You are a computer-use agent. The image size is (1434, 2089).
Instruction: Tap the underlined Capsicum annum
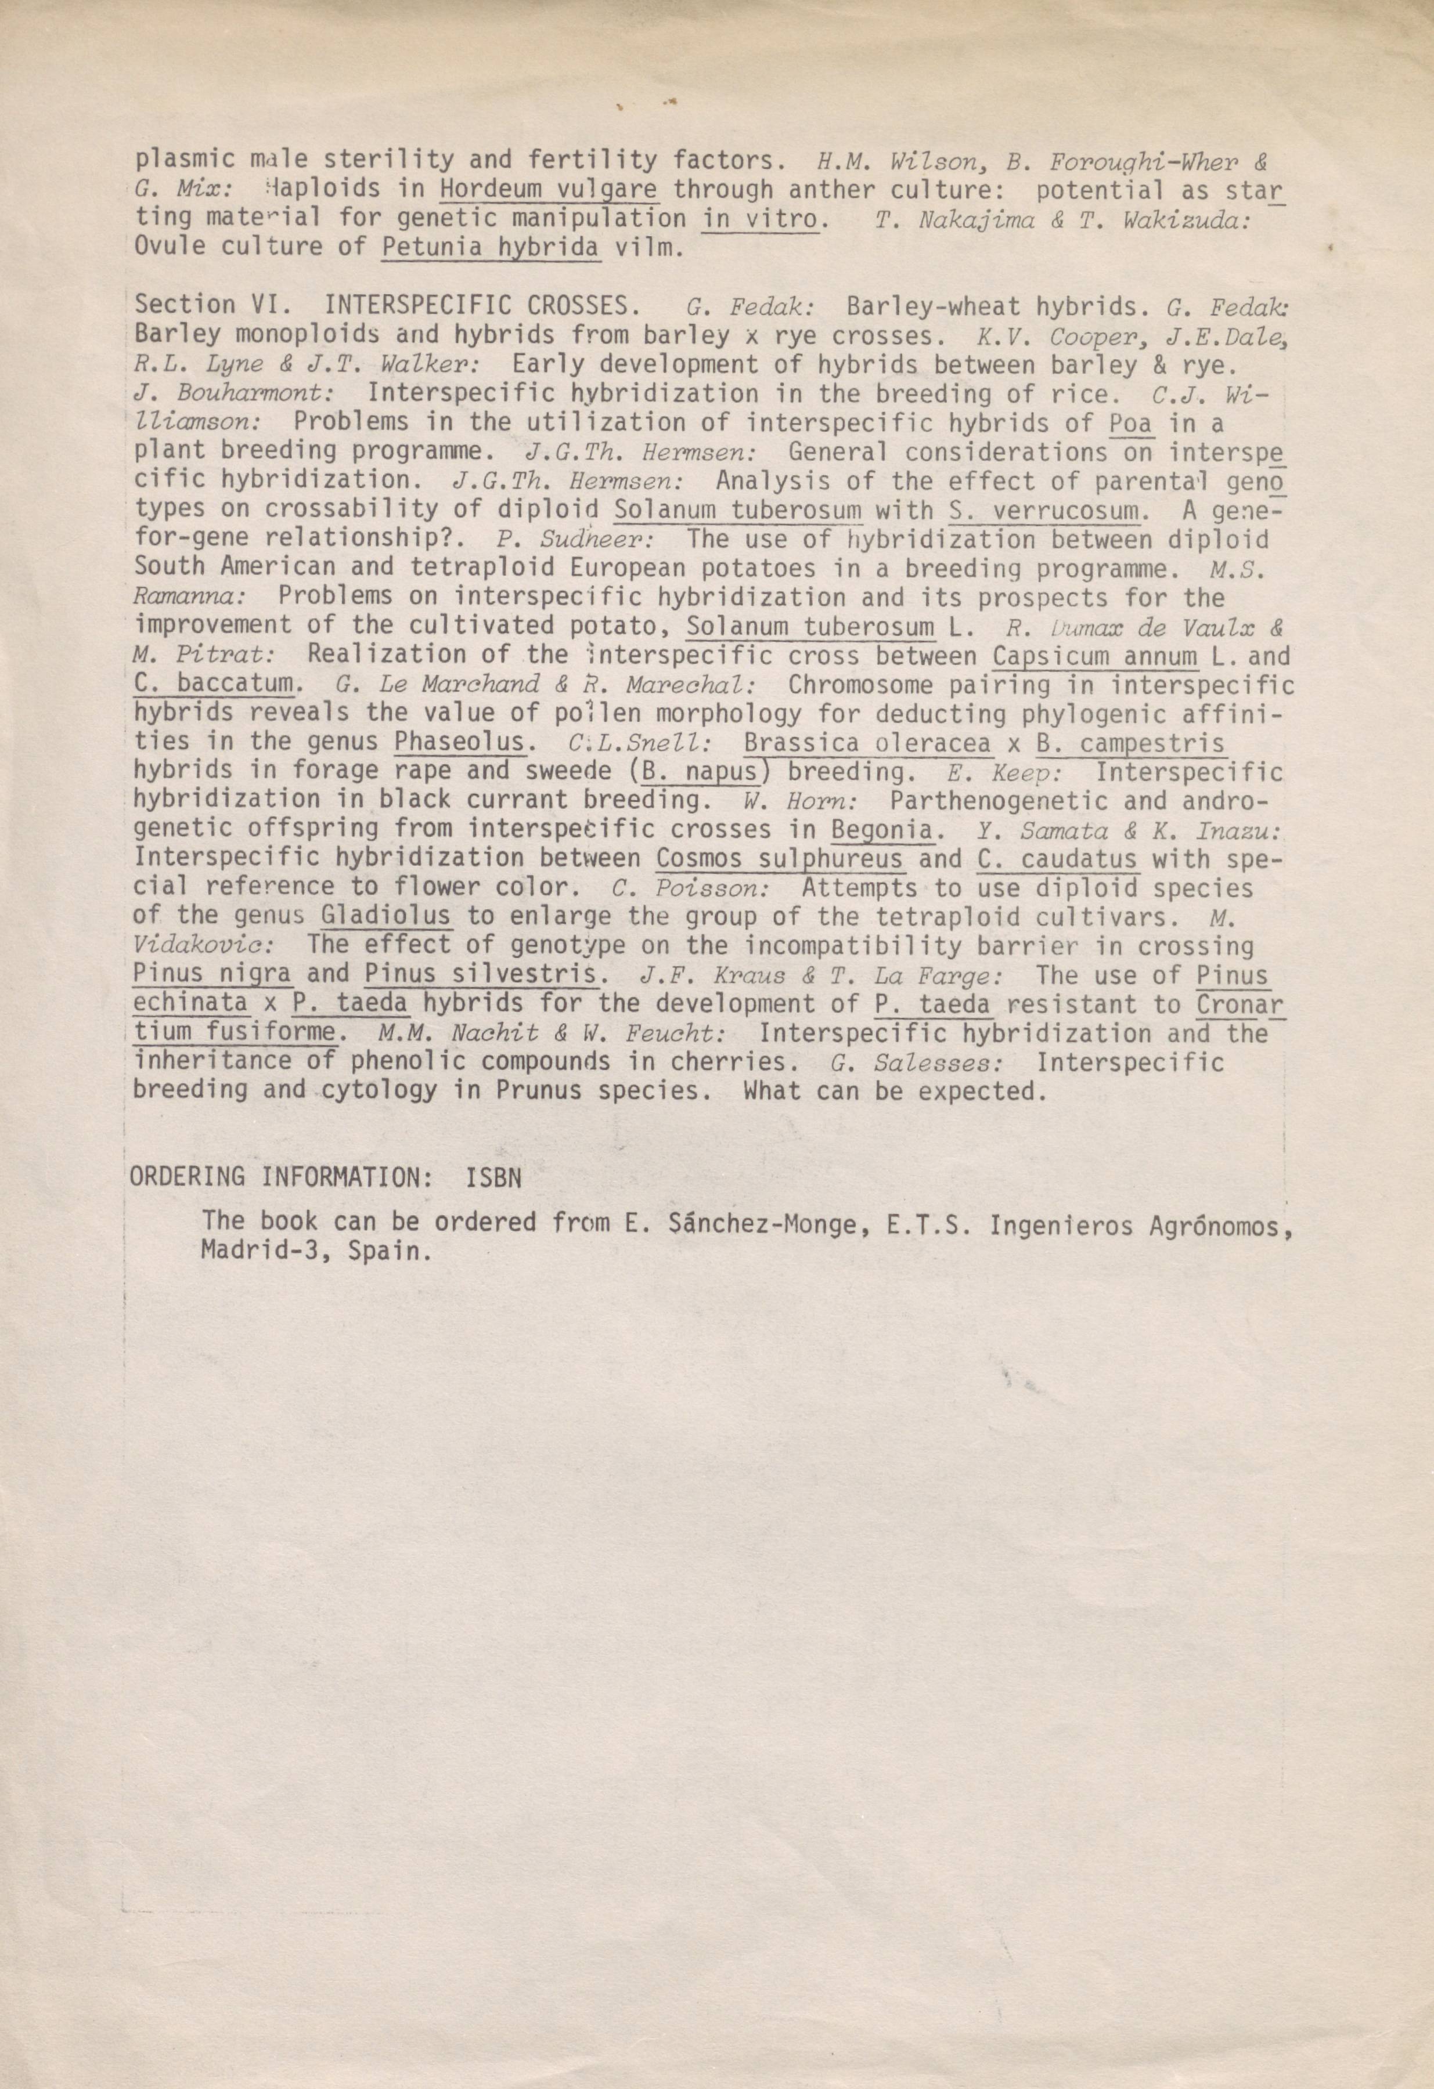coord(1096,655)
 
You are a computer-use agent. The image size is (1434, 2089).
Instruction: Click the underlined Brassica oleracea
coord(867,743)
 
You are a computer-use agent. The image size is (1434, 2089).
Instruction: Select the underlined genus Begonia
coord(881,829)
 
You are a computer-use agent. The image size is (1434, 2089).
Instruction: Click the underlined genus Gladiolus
coord(385,917)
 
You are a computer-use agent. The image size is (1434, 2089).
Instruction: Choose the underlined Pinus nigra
coord(212,974)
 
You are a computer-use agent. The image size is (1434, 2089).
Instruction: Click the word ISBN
coord(493,1177)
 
